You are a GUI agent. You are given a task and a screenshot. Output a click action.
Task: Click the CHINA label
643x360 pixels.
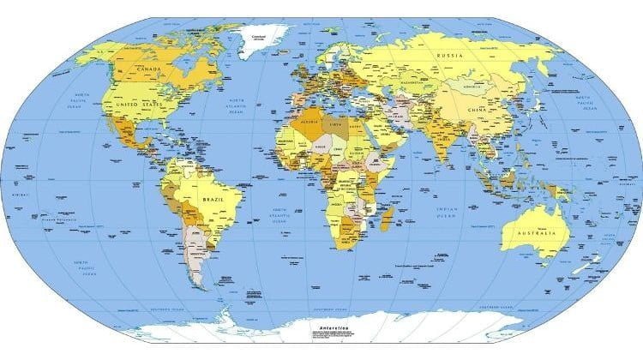click(x=477, y=111)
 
